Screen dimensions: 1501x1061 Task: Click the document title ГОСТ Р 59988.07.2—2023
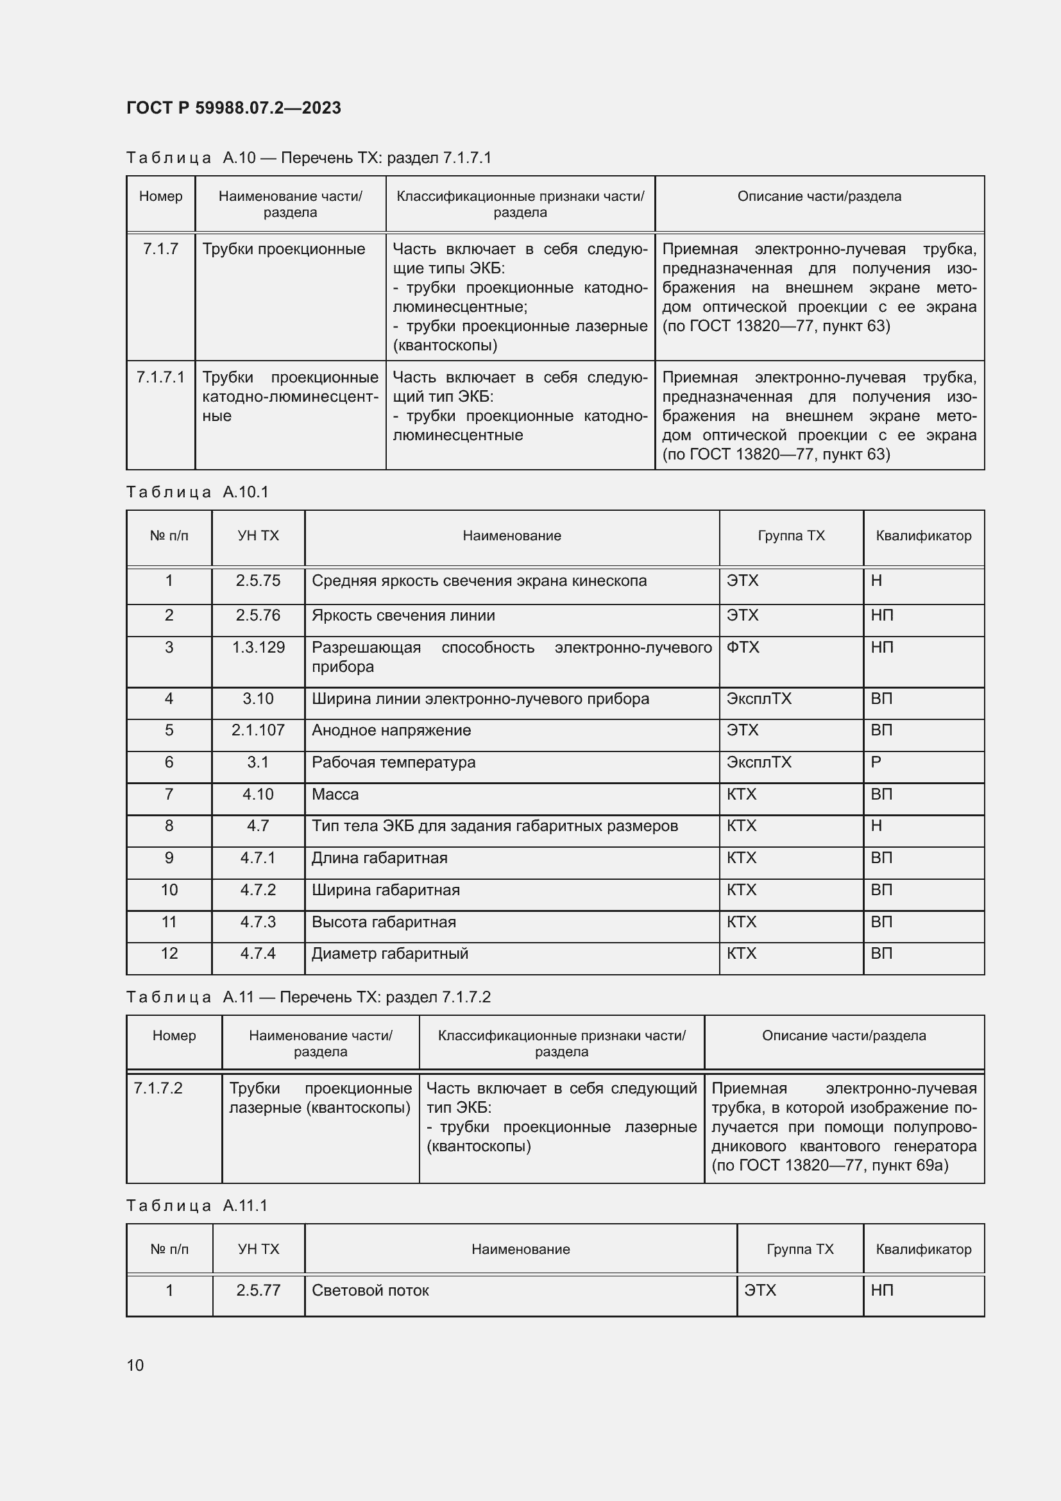233,108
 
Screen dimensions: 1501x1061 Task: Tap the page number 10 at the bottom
135,1365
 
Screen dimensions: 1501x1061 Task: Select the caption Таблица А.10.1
198,492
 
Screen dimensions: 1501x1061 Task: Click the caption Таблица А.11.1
198,1206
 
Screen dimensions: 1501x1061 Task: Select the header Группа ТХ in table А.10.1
791,536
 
